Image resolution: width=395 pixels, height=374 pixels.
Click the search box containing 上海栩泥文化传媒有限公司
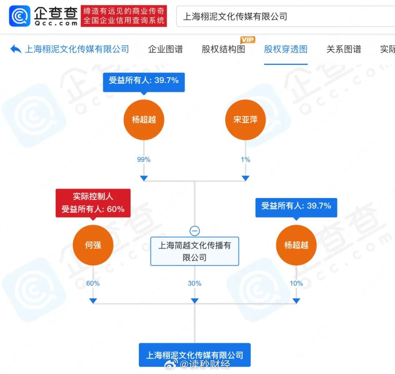click(285, 16)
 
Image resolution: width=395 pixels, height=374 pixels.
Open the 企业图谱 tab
click(165, 49)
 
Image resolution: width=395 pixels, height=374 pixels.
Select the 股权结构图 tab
click(223, 49)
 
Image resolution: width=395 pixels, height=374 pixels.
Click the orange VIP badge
click(248, 39)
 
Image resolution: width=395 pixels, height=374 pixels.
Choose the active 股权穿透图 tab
click(286, 49)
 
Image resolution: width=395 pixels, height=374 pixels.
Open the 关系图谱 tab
click(343, 49)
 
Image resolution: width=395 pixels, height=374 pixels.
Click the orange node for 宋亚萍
click(245, 120)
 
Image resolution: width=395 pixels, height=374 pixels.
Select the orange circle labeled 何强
click(93, 245)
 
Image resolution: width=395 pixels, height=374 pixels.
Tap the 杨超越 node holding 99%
click(144, 120)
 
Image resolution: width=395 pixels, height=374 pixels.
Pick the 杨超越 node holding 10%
click(296, 245)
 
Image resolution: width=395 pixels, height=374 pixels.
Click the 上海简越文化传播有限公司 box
click(195, 251)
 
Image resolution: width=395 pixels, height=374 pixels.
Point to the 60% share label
click(93, 283)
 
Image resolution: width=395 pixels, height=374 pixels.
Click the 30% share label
click(195, 283)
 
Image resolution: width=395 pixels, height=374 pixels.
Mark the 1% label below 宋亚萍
click(245, 159)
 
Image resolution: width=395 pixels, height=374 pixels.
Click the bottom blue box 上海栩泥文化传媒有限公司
click(195, 355)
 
